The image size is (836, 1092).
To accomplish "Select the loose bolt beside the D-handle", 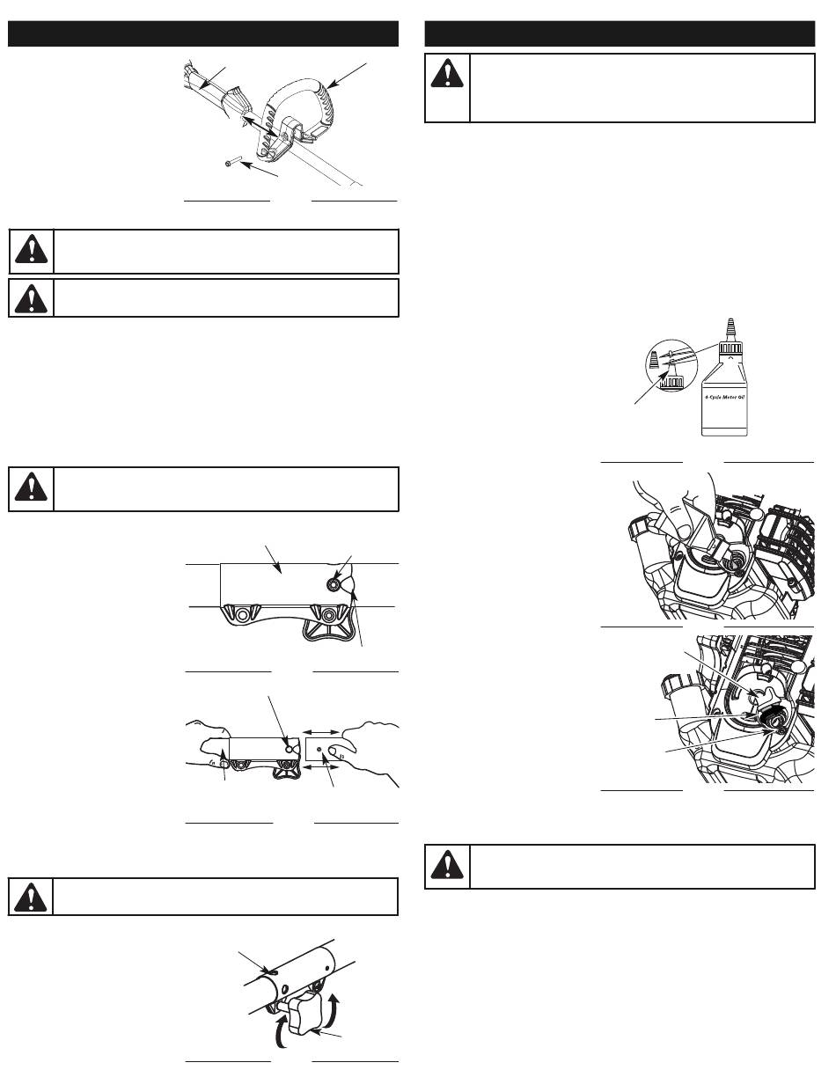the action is coord(233,162).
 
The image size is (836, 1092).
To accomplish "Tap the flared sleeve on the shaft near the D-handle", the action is coord(236,101).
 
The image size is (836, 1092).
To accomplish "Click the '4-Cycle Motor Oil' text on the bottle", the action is coord(724,397).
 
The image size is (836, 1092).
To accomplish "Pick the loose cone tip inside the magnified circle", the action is coord(654,360).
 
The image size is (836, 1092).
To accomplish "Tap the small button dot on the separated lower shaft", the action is coord(319,749).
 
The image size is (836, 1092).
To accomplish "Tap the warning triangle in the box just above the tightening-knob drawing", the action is coord(31,898).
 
